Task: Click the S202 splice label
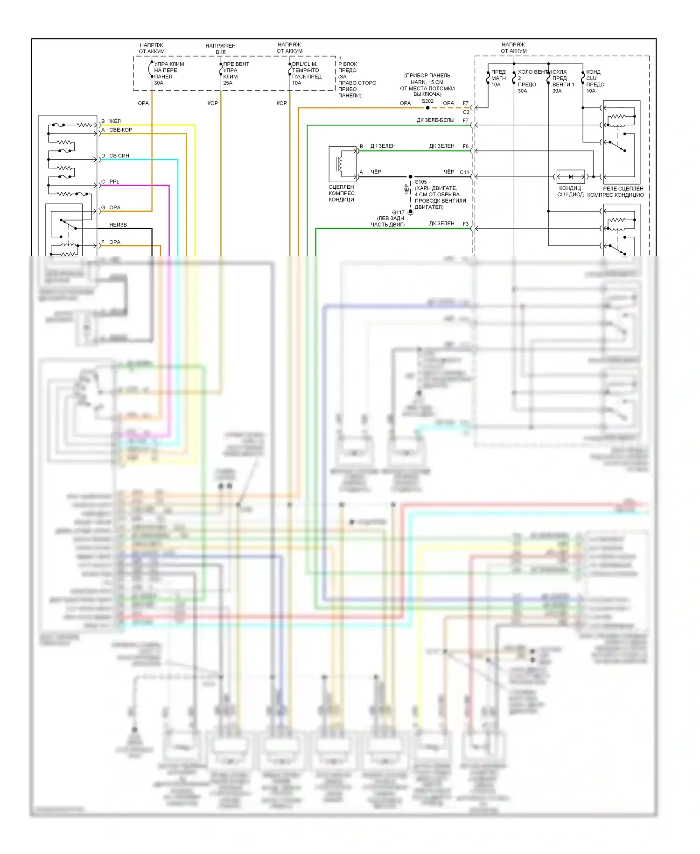click(x=427, y=101)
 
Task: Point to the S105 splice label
click(x=420, y=182)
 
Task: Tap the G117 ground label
click(x=398, y=213)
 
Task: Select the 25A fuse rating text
click(x=228, y=83)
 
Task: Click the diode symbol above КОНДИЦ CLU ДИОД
click(x=571, y=177)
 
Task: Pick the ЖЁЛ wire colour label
click(x=115, y=121)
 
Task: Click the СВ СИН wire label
click(x=119, y=156)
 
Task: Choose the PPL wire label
click(x=114, y=182)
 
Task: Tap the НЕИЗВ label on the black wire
click(x=118, y=225)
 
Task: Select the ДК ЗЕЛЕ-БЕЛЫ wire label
click(x=435, y=120)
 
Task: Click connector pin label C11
click(x=464, y=172)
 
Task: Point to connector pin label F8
click(x=465, y=146)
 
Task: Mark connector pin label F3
click(x=465, y=224)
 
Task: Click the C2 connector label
click(x=466, y=112)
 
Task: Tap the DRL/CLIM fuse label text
click(x=305, y=64)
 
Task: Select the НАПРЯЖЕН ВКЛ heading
click(x=220, y=49)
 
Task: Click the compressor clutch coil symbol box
click(x=343, y=164)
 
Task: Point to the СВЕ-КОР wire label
click(x=120, y=130)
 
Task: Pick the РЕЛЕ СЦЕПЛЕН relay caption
click(x=623, y=189)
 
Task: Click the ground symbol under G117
click(x=411, y=213)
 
